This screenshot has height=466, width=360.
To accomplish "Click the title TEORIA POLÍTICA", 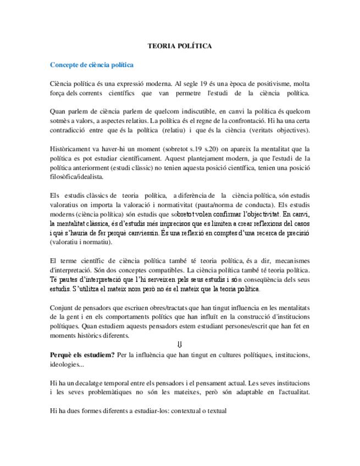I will point(180,47).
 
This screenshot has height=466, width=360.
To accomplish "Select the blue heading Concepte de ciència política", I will point(92,65).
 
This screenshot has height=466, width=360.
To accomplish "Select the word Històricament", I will point(70,149).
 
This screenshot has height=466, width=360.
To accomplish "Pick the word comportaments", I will point(124,317).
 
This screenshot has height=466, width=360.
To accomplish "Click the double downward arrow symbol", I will point(180,345).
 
